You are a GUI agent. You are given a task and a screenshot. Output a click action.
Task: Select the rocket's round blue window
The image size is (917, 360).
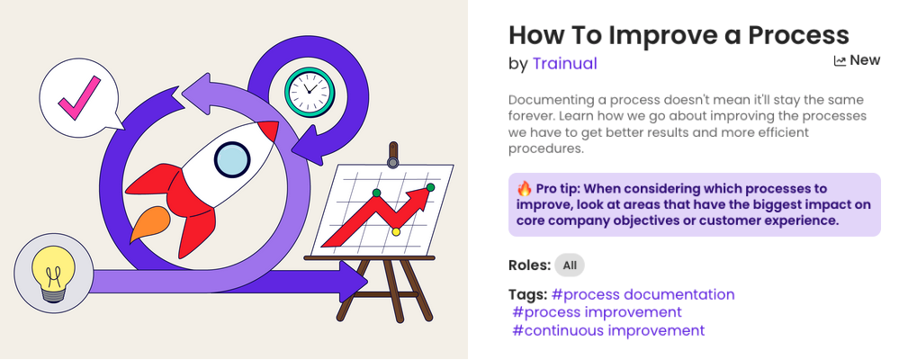click(x=232, y=159)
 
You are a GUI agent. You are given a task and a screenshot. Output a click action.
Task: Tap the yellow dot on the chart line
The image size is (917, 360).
click(x=396, y=231)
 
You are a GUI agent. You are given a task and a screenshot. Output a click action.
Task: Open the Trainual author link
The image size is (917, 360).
click(x=564, y=63)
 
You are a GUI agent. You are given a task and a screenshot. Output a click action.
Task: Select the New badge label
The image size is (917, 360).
click(x=865, y=60)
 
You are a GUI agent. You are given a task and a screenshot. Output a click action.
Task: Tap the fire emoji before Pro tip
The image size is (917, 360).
click(x=525, y=188)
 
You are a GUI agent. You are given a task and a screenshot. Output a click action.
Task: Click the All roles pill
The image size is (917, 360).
click(x=569, y=265)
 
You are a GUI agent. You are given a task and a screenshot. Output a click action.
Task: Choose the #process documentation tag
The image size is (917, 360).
click(x=643, y=294)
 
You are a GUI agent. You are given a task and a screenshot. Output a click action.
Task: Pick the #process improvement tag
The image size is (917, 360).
click(x=597, y=312)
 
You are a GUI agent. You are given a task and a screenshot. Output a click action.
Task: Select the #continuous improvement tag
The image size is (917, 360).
click(x=608, y=330)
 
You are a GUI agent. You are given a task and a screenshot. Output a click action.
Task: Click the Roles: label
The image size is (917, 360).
click(x=529, y=265)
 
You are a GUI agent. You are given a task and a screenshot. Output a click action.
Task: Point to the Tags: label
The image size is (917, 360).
click(x=527, y=294)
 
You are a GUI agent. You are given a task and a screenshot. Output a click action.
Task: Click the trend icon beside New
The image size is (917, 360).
click(x=840, y=60)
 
